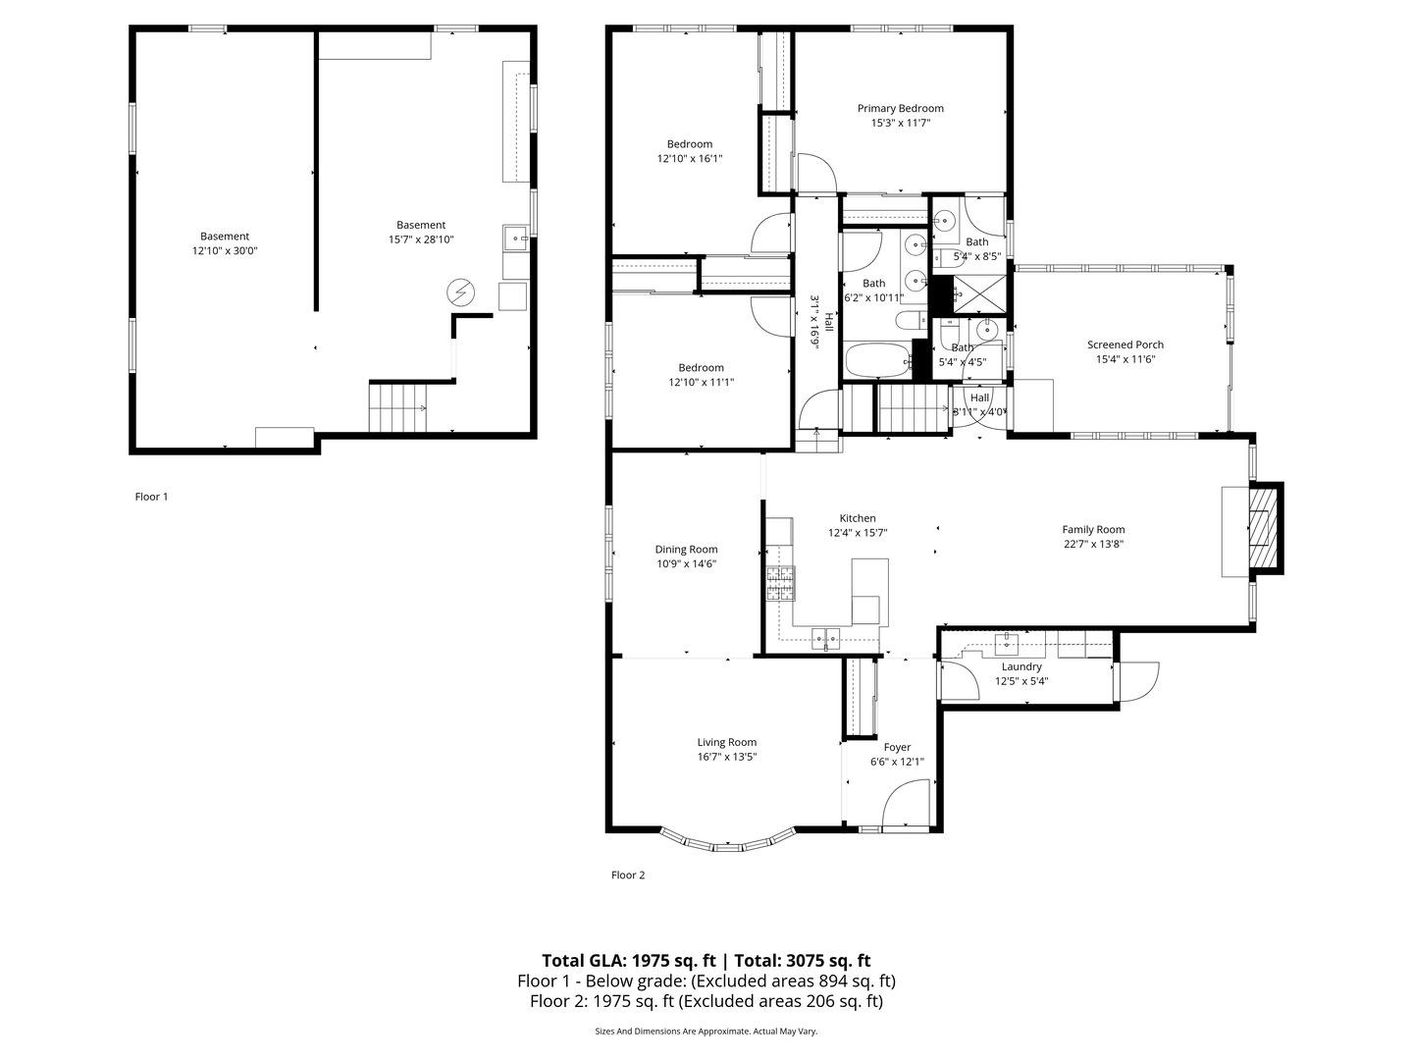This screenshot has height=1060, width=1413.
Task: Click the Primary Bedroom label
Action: [x=900, y=108]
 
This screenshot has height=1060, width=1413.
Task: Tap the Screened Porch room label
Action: [x=1125, y=344]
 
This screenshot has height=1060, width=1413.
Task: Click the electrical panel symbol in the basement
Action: [x=461, y=292]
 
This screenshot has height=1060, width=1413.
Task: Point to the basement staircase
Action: [x=397, y=406]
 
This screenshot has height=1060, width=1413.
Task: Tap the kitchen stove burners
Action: [x=780, y=584]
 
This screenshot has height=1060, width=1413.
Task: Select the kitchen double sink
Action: [x=825, y=638]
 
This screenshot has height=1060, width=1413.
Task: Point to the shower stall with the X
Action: [x=979, y=293]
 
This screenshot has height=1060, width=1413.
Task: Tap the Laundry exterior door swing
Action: [x=1138, y=682]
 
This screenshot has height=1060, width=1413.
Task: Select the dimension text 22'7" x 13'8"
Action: [x=1094, y=544]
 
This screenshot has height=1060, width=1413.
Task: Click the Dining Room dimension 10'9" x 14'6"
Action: [x=686, y=563]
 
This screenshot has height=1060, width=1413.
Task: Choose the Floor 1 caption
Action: [x=151, y=497]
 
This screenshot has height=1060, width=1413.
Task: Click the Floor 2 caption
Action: [x=628, y=874]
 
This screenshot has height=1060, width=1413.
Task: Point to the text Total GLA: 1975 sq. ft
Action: [x=628, y=960]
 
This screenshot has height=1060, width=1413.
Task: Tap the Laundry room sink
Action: [x=1006, y=641]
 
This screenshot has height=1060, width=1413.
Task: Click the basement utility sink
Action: [x=516, y=238]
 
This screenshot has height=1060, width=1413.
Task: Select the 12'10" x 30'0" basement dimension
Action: [x=225, y=250]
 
